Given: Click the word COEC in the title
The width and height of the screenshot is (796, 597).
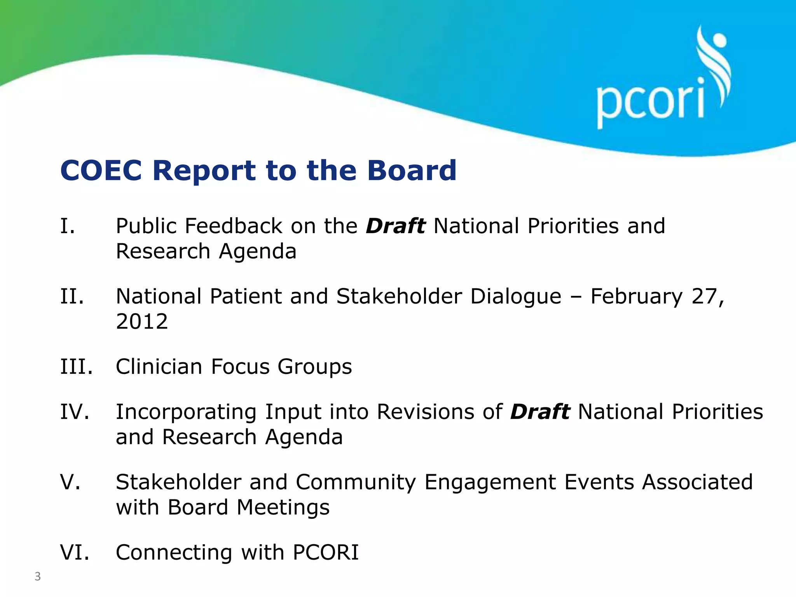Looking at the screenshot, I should (x=101, y=171).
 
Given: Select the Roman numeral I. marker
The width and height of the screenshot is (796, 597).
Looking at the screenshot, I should (x=68, y=226).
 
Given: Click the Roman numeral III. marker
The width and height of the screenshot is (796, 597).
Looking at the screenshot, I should (x=77, y=367).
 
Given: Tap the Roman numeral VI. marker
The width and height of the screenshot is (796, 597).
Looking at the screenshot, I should (x=75, y=552).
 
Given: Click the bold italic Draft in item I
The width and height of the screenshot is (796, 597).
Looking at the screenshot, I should (x=395, y=226).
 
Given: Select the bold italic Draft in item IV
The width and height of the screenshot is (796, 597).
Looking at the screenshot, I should (x=540, y=412).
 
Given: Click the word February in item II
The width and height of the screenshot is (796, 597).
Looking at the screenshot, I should (x=636, y=297).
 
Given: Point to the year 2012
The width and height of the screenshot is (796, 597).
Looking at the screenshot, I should (x=142, y=321).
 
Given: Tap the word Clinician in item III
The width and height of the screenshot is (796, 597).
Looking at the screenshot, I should (x=159, y=367).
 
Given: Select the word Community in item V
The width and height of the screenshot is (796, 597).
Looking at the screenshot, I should (x=356, y=482).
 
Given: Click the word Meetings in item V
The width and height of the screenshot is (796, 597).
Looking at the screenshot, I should (x=283, y=508).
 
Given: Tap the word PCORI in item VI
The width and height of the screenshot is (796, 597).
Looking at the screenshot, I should (x=326, y=552).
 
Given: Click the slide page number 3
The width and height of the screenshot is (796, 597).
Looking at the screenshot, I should (x=38, y=576).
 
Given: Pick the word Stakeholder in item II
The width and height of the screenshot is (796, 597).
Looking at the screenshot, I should (x=399, y=297).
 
